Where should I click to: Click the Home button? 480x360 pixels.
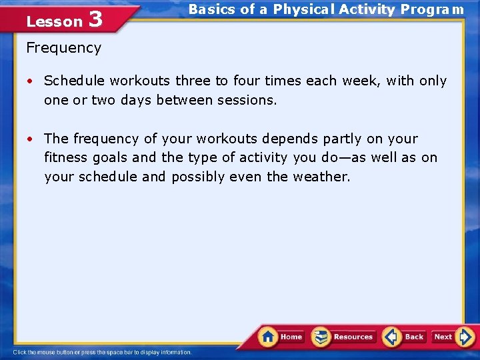[281, 337]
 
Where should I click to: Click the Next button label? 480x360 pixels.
[443, 337]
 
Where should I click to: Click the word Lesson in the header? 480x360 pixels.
[53, 21]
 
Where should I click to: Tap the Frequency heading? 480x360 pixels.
[63, 48]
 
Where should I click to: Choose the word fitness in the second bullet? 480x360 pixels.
[64, 159]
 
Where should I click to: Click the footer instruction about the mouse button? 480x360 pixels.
[102, 353]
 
